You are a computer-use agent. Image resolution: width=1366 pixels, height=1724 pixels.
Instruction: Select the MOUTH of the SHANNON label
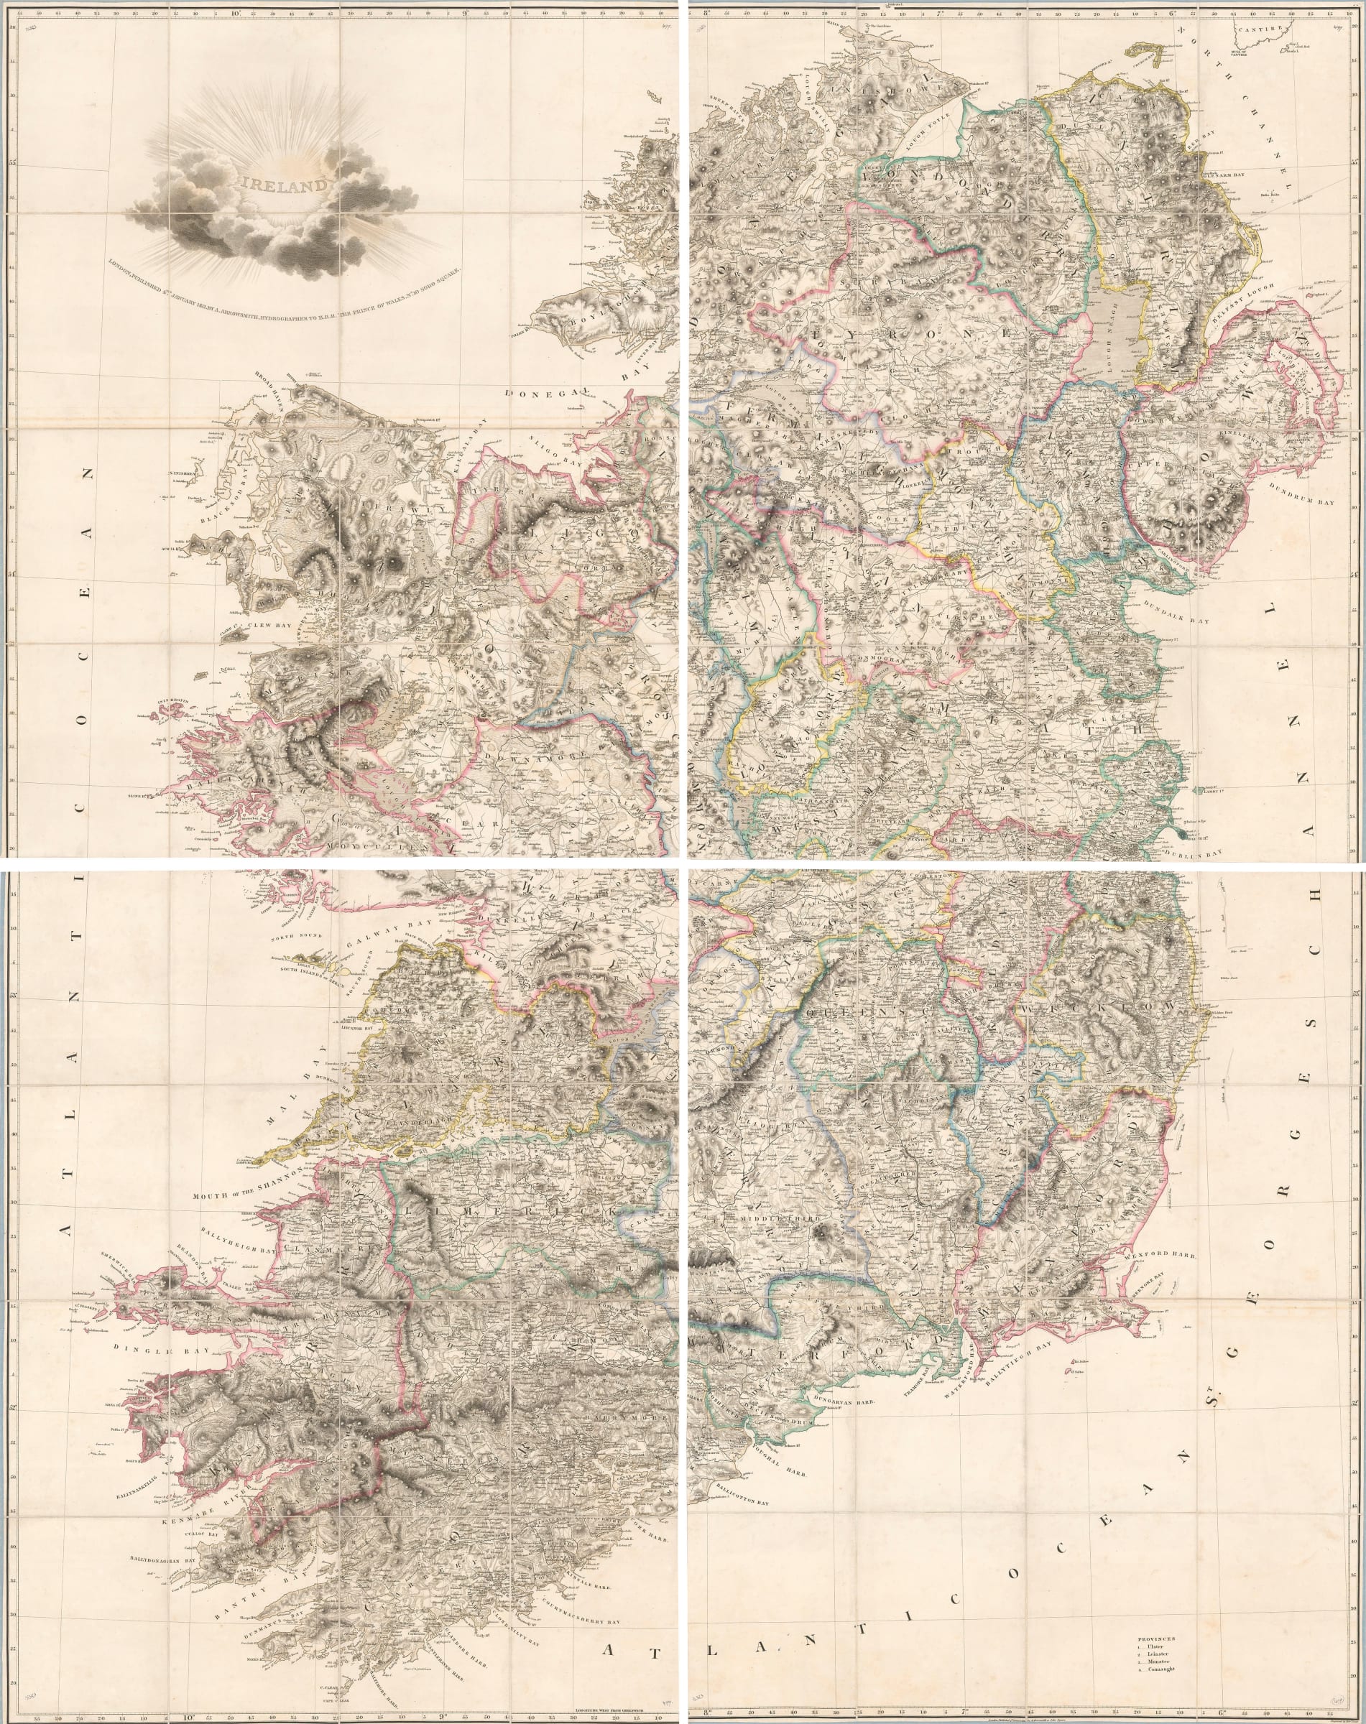245,1193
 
